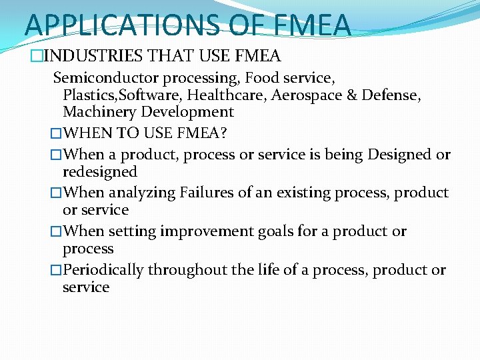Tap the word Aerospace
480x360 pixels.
[x=307, y=95]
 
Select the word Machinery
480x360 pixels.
[x=97, y=112]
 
